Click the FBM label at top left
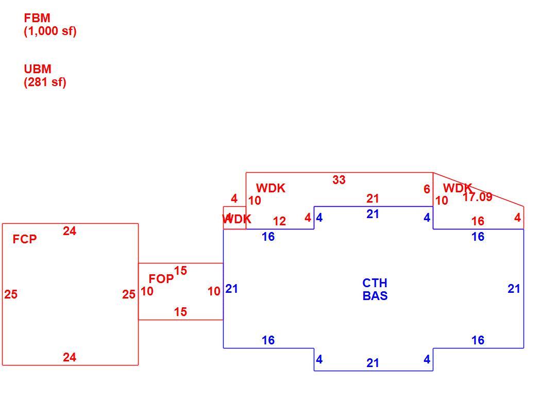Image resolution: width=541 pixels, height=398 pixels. [x=37, y=18]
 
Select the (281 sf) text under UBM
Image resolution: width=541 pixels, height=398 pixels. [x=45, y=82]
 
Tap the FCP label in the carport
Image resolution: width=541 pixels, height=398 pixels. [x=25, y=239]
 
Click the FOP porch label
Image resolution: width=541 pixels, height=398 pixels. [x=161, y=278]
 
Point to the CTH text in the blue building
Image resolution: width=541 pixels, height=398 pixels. [x=375, y=283]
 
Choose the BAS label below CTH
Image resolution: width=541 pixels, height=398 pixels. [x=375, y=296]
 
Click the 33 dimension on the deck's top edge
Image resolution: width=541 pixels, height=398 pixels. [x=339, y=179]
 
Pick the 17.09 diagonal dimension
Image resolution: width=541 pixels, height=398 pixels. [x=477, y=197]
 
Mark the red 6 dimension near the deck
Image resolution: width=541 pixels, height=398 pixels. [x=427, y=189]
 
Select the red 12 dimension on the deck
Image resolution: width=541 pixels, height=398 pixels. [x=279, y=221]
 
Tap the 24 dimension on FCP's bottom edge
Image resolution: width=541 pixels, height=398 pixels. [x=70, y=357]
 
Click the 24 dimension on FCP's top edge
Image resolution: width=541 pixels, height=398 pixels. [x=70, y=230]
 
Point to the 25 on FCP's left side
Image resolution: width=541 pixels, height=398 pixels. [x=11, y=294]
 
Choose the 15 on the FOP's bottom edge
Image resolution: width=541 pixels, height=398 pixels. [x=180, y=312]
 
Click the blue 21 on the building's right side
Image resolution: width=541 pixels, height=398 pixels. [x=514, y=289]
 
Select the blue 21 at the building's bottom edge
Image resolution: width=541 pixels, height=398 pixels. [x=373, y=363]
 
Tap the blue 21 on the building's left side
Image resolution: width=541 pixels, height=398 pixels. [x=231, y=289]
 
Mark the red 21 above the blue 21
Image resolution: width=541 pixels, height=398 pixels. [x=373, y=198]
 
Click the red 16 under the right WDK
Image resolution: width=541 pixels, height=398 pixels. [x=478, y=221]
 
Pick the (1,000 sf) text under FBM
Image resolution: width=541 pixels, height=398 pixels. [x=50, y=31]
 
